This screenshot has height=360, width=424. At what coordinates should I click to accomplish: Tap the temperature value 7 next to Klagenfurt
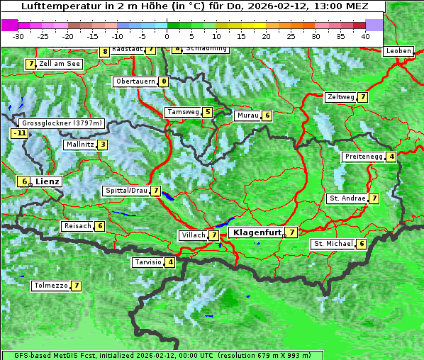(x=291, y=232)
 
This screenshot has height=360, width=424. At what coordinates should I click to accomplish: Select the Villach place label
(x=192, y=235)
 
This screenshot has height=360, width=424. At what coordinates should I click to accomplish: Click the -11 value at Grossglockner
(x=19, y=133)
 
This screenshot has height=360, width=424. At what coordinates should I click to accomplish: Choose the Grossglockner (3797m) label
(x=62, y=123)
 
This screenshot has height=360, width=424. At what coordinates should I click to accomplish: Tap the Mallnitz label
(x=79, y=145)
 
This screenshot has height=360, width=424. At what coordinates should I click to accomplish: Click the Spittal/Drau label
(x=125, y=191)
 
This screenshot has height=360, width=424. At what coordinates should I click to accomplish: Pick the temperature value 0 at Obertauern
(x=164, y=81)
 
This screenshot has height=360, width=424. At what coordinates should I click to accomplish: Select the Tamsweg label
(x=183, y=112)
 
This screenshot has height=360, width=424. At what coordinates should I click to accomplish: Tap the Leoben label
(x=397, y=51)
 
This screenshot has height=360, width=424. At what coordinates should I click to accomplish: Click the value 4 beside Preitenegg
(x=391, y=157)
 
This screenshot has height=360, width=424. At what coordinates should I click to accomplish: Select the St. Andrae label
(x=347, y=198)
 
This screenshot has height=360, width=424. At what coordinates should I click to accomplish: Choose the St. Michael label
(x=333, y=244)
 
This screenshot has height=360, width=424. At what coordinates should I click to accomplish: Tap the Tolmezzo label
(x=50, y=286)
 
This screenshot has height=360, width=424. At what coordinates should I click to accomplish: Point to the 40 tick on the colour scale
(x=365, y=35)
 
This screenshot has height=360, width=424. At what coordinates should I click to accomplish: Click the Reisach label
(x=77, y=226)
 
